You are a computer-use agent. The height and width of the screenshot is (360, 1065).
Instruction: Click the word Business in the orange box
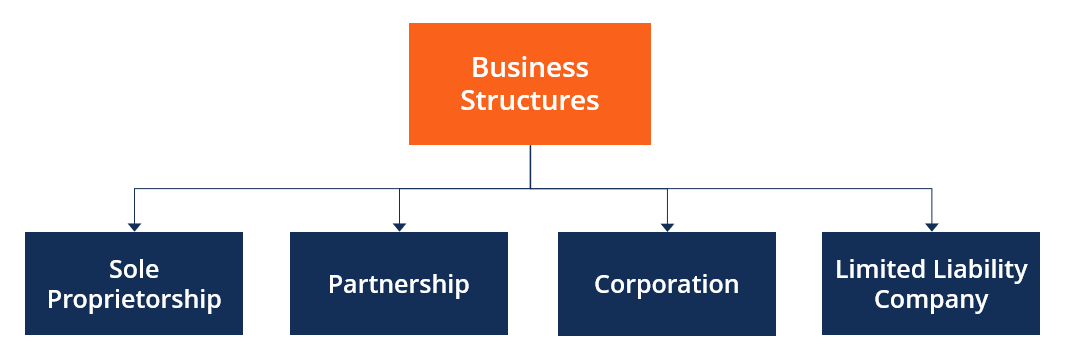click(x=530, y=68)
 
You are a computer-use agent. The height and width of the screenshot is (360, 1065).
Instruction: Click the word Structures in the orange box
click(x=530, y=101)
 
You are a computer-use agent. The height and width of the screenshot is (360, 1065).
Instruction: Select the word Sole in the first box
click(x=134, y=270)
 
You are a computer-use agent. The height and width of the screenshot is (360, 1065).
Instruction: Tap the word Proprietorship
click(x=134, y=300)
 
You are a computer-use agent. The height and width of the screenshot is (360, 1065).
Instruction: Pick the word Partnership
click(x=399, y=285)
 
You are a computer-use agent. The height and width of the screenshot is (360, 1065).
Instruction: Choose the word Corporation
click(x=666, y=285)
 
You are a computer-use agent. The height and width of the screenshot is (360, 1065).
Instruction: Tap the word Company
click(x=931, y=301)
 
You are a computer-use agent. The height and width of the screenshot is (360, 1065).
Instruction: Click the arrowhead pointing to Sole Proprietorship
click(x=134, y=227)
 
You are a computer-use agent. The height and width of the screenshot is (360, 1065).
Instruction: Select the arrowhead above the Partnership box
click(x=399, y=227)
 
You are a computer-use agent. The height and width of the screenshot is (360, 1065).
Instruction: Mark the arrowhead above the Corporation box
click(x=667, y=227)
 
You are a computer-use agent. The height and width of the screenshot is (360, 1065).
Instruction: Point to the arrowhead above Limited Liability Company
click(x=931, y=227)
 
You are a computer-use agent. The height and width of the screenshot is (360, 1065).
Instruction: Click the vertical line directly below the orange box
click(x=530, y=166)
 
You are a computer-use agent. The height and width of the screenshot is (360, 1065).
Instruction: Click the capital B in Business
click(x=480, y=68)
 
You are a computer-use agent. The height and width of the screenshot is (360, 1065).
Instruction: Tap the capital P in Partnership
click(x=336, y=285)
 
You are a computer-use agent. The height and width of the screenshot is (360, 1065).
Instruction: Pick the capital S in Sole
click(x=116, y=270)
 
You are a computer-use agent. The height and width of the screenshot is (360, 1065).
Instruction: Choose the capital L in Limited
click(x=842, y=270)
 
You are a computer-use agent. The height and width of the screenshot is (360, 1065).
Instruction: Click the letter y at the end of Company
click(x=981, y=304)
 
